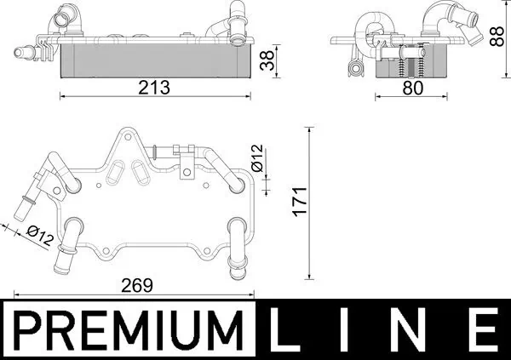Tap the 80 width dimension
pos(413,87)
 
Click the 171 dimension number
pos(297,203)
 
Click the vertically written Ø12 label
pos(256,157)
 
